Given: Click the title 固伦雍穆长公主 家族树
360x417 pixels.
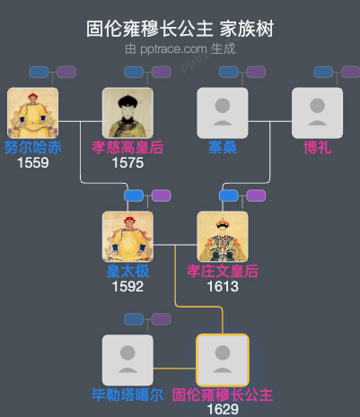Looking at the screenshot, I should click(180, 29).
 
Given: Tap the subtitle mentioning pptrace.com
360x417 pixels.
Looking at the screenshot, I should click(180, 48).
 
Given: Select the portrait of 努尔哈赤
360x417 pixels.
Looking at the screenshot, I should click(32, 113).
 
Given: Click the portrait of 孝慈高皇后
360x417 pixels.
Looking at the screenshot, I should click(127, 113).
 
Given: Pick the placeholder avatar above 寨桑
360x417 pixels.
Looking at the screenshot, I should click(223, 113).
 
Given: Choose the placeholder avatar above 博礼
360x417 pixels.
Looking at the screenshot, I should click(317, 113).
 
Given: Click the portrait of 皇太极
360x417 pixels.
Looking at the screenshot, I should click(127, 237).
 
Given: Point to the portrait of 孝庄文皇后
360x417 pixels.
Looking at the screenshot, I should click(223, 237).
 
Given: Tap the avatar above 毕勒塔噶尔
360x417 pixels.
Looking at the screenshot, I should click(127, 361).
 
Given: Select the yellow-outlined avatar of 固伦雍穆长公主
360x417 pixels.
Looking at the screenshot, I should click(223, 361).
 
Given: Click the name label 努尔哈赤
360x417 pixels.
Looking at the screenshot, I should click(32, 147).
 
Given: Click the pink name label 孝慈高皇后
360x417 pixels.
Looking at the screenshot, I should click(127, 147).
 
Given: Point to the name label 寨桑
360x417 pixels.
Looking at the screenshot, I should click(223, 147).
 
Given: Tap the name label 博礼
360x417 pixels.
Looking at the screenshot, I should click(317, 147).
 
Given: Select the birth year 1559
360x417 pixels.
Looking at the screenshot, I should click(32, 163).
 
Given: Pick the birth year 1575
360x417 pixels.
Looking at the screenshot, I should click(127, 163).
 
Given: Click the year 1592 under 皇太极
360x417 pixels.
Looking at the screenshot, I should click(127, 287).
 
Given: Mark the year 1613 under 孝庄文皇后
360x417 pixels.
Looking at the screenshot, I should click(223, 287).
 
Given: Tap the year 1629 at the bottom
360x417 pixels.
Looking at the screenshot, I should click(223, 409).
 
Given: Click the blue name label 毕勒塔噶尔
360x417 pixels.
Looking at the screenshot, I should click(127, 395).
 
